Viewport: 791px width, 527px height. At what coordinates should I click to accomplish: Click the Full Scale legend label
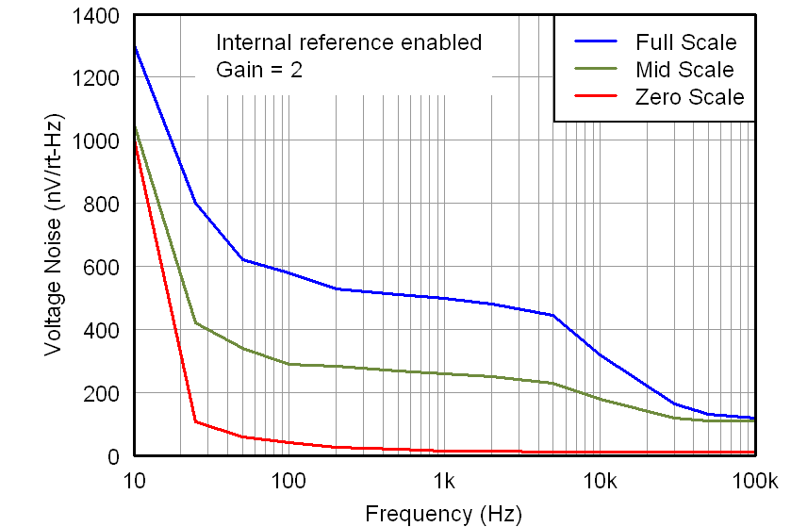pyautogui.click(x=685, y=42)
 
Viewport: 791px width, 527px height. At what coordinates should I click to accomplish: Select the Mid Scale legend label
pyautogui.click(x=684, y=70)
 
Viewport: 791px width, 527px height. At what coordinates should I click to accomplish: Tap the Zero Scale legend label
pyautogui.click(x=689, y=97)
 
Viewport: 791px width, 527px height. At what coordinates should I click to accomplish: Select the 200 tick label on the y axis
pyautogui.click(x=104, y=393)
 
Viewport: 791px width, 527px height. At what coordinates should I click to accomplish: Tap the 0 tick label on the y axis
pyautogui.click(x=113, y=456)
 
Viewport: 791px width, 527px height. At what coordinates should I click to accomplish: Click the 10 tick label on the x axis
pyautogui.click(x=134, y=481)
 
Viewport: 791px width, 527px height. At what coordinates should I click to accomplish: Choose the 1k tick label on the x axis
pyautogui.click(x=445, y=481)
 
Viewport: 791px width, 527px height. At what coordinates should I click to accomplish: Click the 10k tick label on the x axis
pyautogui.click(x=600, y=481)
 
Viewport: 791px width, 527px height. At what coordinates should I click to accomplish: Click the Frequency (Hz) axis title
pyautogui.click(x=443, y=514)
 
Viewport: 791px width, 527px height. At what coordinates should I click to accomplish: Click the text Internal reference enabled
pyautogui.click(x=349, y=42)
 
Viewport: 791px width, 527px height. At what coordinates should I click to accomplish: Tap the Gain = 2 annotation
pyautogui.click(x=259, y=70)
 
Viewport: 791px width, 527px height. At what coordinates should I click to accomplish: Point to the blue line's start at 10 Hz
pyautogui.click(x=135, y=46)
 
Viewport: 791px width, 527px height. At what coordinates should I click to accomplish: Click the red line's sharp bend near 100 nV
pyautogui.click(x=196, y=421)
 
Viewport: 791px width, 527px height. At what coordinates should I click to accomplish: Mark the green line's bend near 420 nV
pyautogui.click(x=196, y=322)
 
